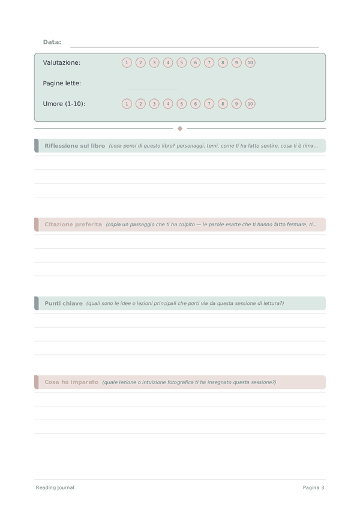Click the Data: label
52,42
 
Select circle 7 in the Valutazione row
209,62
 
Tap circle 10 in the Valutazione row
250,62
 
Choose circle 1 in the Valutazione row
127,62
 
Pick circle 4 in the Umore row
168,104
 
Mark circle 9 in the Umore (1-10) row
236,104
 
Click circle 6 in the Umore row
195,104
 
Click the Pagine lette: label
62,83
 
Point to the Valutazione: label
62,62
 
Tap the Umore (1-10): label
64,104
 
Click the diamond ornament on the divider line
180,128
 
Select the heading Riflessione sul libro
74,146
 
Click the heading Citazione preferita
73,224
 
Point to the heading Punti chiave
64,303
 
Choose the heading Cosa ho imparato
71,382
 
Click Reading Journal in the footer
55,487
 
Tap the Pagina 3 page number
313,487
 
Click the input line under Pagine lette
152,88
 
